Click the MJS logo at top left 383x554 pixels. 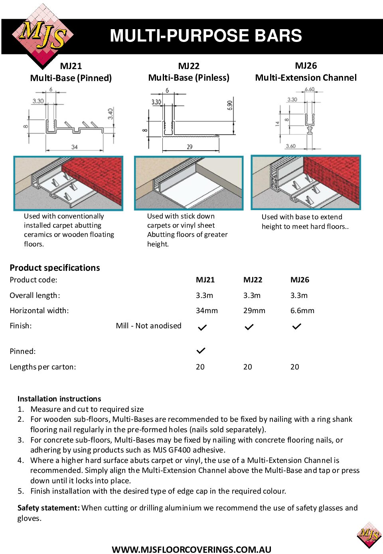click(43, 36)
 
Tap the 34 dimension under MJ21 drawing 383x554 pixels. click(75, 147)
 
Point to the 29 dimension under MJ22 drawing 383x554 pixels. click(190, 147)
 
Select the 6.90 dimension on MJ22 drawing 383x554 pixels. click(230, 105)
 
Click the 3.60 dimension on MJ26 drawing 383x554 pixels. click(290, 146)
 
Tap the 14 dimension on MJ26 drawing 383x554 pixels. click(277, 124)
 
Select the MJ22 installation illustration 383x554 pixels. click(189, 183)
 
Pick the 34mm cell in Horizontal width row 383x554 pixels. click(207, 311)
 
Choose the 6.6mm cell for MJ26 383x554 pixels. click(302, 311)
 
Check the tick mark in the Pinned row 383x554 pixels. click(201, 351)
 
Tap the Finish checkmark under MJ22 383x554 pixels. click(249, 327)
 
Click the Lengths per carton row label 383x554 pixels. click(43, 367)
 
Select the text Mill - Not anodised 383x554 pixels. click(148, 326)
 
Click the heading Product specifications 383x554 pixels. click(55, 268)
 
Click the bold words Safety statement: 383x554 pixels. click(49, 508)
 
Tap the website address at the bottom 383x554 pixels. click(191, 549)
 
